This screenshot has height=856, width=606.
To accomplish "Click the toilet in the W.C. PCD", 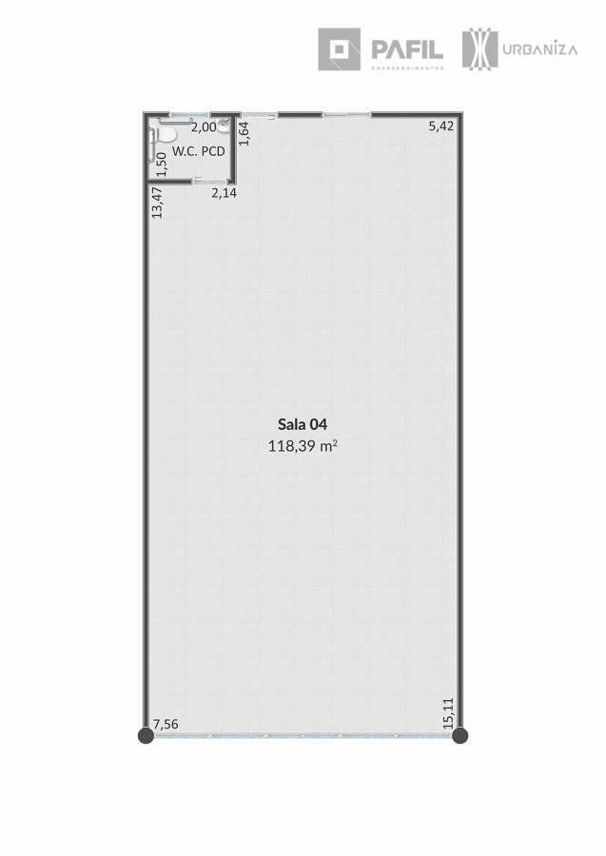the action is click(x=166, y=133).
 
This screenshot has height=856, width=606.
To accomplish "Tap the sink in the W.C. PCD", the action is click(x=223, y=126).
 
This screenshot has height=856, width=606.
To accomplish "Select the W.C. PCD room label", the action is click(x=199, y=151).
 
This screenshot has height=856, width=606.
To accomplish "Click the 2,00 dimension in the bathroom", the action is click(x=205, y=127).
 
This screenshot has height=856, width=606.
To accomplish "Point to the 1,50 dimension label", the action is click(x=161, y=165).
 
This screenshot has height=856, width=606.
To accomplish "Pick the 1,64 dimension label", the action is click(x=244, y=133).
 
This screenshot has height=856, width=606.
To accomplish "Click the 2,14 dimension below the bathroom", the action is click(x=225, y=192).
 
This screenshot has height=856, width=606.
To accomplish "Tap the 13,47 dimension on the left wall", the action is click(x=157, y=203).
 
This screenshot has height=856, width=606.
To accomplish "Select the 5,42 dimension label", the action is click(x=441, y=126).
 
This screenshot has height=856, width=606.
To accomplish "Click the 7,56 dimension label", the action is click(x=166, y=725).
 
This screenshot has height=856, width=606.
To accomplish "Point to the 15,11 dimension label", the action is click(x=448, y=713).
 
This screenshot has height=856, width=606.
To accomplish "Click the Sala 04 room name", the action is click(x=303, y=424).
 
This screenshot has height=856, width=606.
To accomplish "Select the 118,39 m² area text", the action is click(x=303, y=446).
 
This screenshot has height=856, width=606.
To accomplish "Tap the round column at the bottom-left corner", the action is click(x=146, y=735).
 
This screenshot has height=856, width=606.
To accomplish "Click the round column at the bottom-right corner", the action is click(x=460, y=735).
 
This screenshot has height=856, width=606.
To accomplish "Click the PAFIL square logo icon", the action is click(x=339, y=49).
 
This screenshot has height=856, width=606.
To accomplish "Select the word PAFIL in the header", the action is click(x=407, y=49).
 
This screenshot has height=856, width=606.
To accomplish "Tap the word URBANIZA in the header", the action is click(x=540, y=49).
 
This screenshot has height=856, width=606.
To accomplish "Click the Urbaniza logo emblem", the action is click(x=479, y=49).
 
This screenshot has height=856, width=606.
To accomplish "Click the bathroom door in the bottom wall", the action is click(x=209, y=181).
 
